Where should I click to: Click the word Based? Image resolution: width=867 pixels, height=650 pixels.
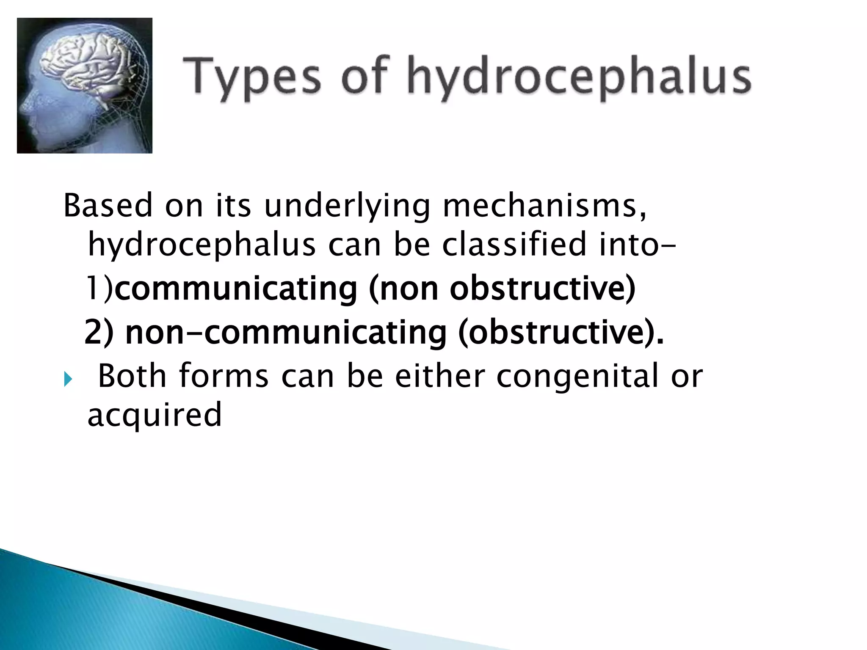click(x=108, y=206)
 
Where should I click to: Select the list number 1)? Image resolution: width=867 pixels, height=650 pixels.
click(x=100, y=289)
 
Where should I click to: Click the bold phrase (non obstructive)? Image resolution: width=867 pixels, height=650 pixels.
click(x=502, y=289)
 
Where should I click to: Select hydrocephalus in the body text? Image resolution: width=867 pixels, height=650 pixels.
click(x=202, y=245)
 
